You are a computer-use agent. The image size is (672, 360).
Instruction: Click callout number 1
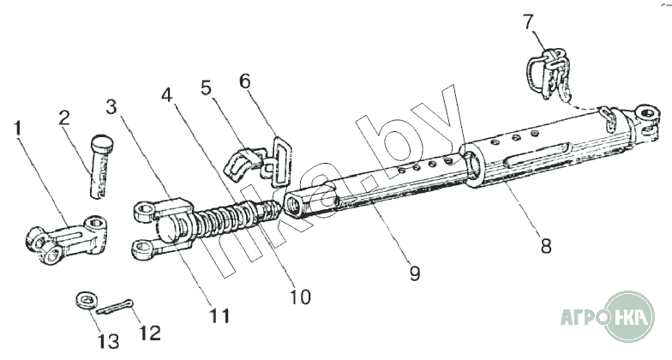pos(18,130)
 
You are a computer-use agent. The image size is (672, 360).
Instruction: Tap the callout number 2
pos(65,118)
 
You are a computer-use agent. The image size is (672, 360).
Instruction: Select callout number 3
pos(111,107)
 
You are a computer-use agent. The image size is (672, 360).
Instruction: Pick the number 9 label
pos(415,273)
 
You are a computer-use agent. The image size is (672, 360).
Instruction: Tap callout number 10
pos(300,297)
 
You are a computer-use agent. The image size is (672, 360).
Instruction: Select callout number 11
pos(219,315)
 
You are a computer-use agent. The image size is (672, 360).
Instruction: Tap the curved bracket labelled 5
pos(242,163)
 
